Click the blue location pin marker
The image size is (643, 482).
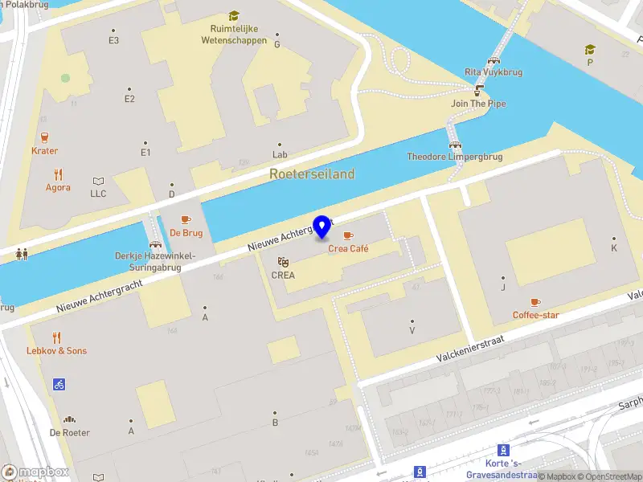pyautogui.click(x=322, y=227)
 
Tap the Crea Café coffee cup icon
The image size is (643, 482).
pyautogui.click(x=348, y=235)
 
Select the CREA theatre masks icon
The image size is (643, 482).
pyautogui.click(x=283, y=262)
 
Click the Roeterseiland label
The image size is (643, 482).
pyautogui.click(x=312, y=174)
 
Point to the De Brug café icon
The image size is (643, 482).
pyautogui.click(x=186, y=219)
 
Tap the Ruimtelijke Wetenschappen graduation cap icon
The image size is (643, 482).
pyautogui.click(x=234, y=15)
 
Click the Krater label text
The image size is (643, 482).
pyautogui.click(x=45, y=151)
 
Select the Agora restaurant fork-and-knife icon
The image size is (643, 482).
pyautogui.click(x=58, y=174)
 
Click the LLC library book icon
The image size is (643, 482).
pyautogui.click(x=98, y=181)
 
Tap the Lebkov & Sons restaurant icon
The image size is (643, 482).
pyautogui.click(x=56, y=337)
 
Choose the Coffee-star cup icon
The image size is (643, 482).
pyautogui.click(x=536, y=302)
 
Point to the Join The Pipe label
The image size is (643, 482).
pyautogui.click(x=479, y=104)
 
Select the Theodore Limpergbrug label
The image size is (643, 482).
pyautogui.click(x=455, y=157)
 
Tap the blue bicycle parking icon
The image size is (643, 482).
pyautogui.click(x=59, y=384)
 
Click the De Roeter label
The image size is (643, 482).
pyautogui.click(x=70, y=433)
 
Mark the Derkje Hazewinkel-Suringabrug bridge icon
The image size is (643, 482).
pyautogui.click(x=154, y=244)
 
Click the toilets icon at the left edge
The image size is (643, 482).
pyautogui.click(x=22, y=253)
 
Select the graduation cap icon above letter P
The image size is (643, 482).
pyautogui.click(x=591, y=50)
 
